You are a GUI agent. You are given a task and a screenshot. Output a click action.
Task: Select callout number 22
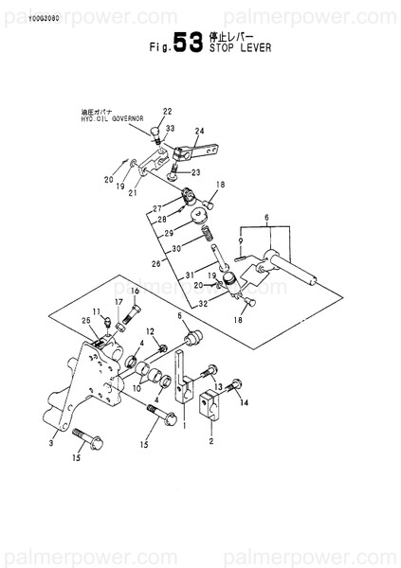(x=167, y=112)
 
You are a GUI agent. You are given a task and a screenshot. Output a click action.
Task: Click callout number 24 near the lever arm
(x=199, y=132)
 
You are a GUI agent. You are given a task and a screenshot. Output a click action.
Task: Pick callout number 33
(x=170, y=128)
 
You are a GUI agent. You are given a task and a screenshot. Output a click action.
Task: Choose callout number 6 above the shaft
(x=267, y=218)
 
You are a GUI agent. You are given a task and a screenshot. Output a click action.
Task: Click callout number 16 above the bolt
(x=134, y=291)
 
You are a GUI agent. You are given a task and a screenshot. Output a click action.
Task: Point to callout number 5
(x=179, y=316)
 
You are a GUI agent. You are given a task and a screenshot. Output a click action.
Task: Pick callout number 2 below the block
(x=197, y=441)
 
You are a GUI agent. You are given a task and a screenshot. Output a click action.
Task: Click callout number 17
(x=118, y=302)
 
